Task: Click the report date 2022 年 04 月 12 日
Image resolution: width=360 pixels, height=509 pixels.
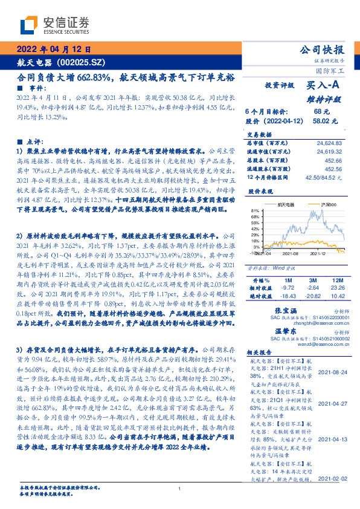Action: coord(53,50)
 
